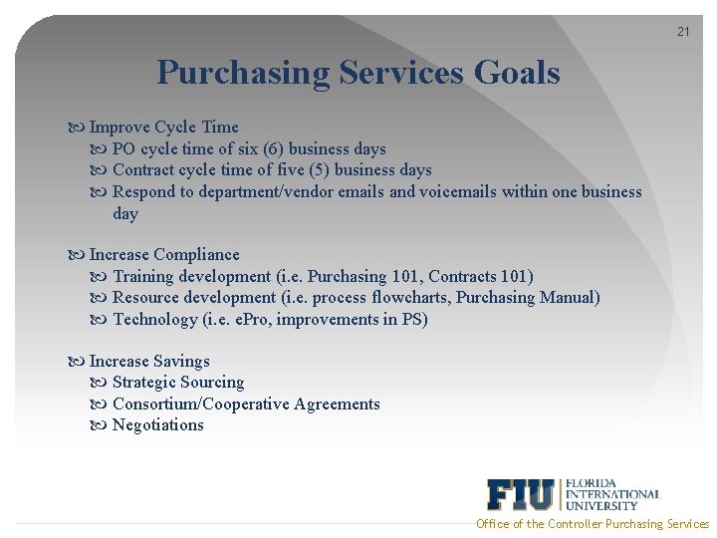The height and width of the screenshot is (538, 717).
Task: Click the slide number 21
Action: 683,32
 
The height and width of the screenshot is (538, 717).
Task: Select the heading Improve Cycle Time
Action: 163,127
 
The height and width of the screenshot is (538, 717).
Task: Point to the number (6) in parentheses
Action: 270,148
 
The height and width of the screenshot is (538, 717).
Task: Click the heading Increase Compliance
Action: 164,254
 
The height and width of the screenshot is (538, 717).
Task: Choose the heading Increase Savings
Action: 149,361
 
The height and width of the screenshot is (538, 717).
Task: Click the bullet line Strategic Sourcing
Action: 178,382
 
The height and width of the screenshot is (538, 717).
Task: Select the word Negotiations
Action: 158,424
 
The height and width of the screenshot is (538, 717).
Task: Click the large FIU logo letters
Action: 521,494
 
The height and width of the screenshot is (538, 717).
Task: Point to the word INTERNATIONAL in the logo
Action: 612,493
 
